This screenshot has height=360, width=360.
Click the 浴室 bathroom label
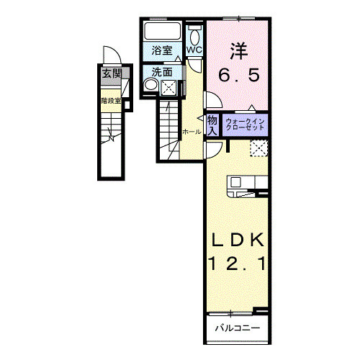click(x=163, y=50)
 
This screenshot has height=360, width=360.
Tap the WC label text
click(x=194, y=50)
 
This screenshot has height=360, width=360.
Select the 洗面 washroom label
click(x=162, y=71)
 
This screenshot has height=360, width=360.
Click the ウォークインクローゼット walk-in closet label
click(x=246, y=123)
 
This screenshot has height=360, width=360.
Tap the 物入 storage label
click(x=212, y=125)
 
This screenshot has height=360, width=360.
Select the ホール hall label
click(x=192, y=132)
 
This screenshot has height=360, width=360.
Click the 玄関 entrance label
click(x=110, y=73)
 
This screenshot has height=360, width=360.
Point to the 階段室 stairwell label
click(x=110, y=101)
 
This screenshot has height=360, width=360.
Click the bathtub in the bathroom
click(x=163, y=32)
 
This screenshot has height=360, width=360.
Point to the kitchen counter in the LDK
click(x=248, y=184)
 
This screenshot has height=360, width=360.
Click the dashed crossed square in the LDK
click(x=258, y=148)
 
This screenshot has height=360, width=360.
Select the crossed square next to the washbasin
click(x=168, y=87)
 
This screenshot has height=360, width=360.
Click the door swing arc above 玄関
click(x=110, y=57)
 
